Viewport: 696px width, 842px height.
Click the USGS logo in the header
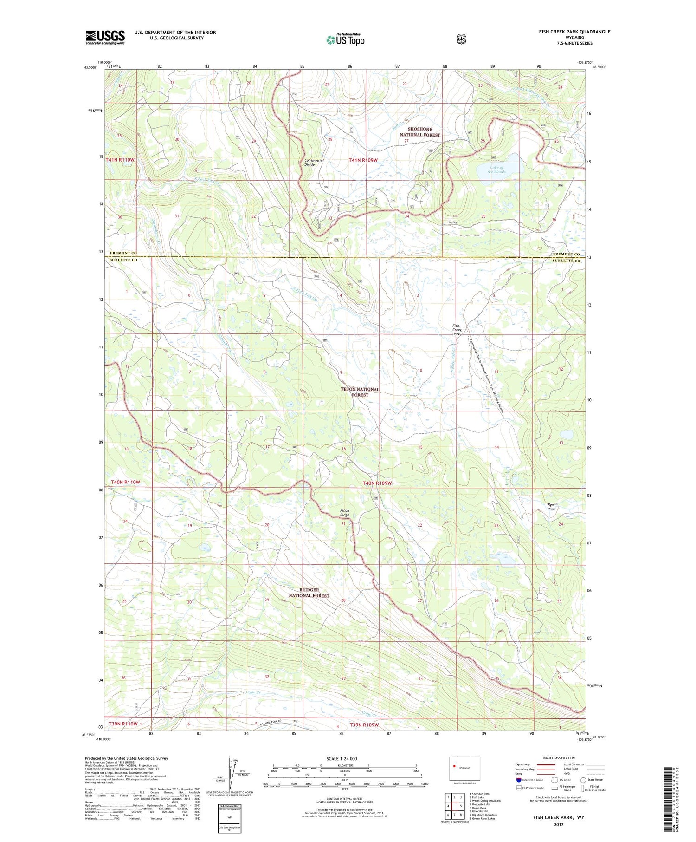pyautogui.click(x=105, y=37)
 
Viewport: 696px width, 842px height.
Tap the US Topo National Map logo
pyautogui.click(x=345, y=39)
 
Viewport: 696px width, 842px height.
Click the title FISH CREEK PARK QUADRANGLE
pyautogui.click(x=574, y=32)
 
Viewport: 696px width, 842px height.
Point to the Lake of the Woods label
pyautogui.click(x=496, y=170)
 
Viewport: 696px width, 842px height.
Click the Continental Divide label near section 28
pyautogui.click(x=314, y=163)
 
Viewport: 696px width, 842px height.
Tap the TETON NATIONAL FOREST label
pyautogui.click(x=360, y=392)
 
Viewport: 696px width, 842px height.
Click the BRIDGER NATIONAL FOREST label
pyautogui.click(x=309, y=593)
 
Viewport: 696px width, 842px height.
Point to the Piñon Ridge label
pyautogui.click(x=344, y=513)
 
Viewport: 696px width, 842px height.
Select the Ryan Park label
pyautogui.click(x=551, y=507)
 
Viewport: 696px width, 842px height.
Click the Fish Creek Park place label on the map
pyautogui.click(x=457, y=330)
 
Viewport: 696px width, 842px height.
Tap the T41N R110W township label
pyautogui.click(x=120, y=160)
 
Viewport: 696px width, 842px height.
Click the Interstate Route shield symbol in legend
pyautogui.click(x=518, y=780)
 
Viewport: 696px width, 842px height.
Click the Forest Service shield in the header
pyautogui.click(x=461, y=39)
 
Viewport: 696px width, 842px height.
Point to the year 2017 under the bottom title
pyautogui.click(x=558, y=824)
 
